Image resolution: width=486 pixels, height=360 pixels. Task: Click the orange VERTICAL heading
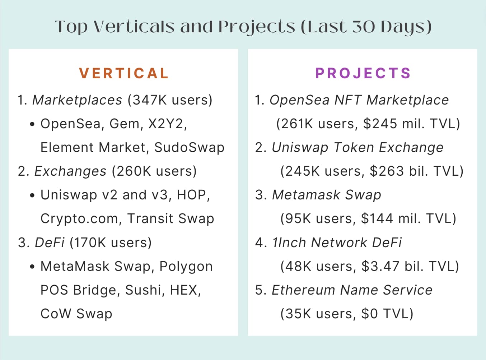click(124, 73)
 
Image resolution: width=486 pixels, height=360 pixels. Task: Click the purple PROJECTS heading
click(363, 73)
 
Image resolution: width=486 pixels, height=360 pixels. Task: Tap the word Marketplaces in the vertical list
click(77, 100)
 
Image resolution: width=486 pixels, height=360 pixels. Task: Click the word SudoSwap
click(189, 148)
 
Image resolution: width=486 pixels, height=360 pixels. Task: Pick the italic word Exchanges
click(70, 171)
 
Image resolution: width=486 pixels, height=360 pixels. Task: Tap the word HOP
click(192, 195)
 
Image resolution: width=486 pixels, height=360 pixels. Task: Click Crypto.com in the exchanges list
click(79, 219)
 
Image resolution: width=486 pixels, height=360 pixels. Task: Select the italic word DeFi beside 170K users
click(50, 243)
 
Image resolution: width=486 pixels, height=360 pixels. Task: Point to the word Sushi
click(143, 290)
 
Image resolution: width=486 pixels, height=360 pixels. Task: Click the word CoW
click(56, 314)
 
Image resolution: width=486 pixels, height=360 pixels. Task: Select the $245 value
click(380, 124)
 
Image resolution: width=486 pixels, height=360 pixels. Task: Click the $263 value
click(387, 171)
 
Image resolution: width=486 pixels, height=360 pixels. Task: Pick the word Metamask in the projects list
click(306, 195)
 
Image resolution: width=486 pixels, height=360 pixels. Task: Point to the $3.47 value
click(380, 266)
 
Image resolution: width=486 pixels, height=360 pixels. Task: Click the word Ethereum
click(303, 290)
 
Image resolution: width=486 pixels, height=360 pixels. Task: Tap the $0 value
click(369, 314)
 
